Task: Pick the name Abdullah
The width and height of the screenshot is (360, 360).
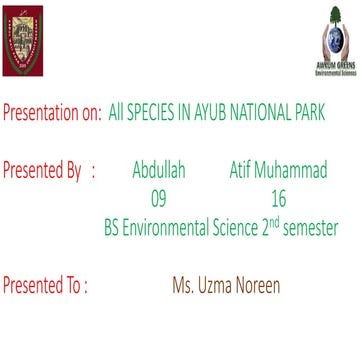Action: point(159,171)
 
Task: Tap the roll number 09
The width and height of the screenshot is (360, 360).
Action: point(159,199)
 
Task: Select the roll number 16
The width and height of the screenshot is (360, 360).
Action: point(278,199)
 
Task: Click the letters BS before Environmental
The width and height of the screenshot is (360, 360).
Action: point(113,228)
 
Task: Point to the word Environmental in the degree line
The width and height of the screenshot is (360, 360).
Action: point(172,228)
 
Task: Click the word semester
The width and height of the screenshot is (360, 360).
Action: point(308,228)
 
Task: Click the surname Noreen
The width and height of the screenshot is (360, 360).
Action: point(259,286)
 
